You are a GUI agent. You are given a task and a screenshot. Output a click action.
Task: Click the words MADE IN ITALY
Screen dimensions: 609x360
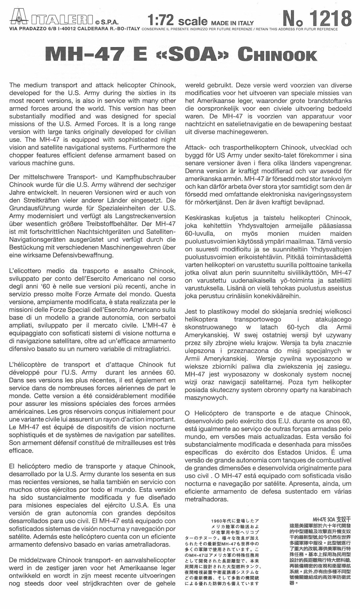232,23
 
